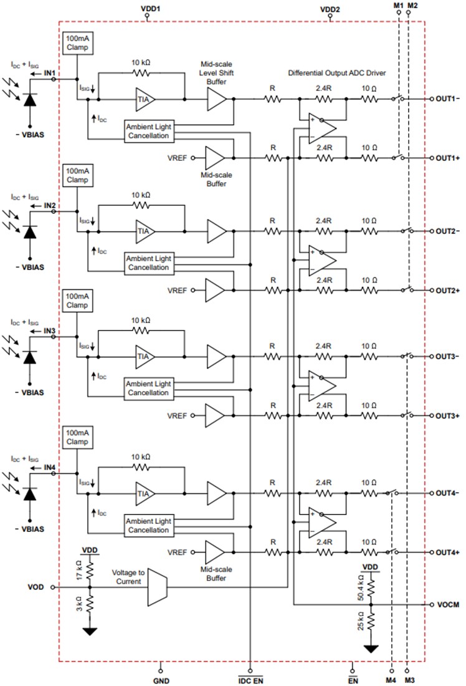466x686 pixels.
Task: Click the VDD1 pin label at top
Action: pyautogui.click(x=147, y=9)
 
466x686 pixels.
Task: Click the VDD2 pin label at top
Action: pyautogui.click(x=330, y=9)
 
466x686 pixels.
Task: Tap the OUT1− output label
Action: pyautogui.click(x=447, y=99)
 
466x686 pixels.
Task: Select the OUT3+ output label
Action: pyautogui.click(x=447, y=415)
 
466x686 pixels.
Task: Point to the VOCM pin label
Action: pyautogui.click(x=447, y=605)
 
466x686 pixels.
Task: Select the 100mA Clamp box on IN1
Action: pyautogui.click(x=77, y=42)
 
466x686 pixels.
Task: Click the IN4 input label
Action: pyautogui.click(x=50, y=467)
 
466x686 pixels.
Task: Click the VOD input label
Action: pyautogui.click(x=36, y=587)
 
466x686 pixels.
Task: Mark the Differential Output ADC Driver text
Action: pyautogui.click(x=336, y=74)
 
